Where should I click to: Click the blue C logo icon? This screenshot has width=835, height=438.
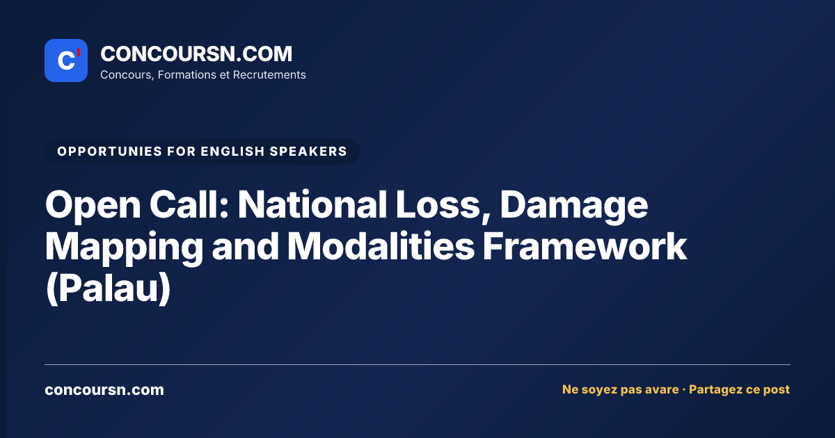click(x=66, y=60)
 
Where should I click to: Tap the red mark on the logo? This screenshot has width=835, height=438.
click(x=79, y=52)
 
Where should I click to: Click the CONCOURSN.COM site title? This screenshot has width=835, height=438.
click(x=196, y=54)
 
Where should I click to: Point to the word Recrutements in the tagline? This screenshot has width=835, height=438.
click(x=269, y=75)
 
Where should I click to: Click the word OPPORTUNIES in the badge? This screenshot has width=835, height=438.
click(x=110, y=152)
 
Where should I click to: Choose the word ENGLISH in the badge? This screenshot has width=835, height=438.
click(x=232, y=152)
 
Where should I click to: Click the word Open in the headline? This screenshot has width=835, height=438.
click(x=93, y=206)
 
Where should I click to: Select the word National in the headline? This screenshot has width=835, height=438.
click(x=312, y=204)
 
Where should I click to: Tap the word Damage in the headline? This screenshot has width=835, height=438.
click(x=573, y=206)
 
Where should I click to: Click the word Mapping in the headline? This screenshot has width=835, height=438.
click(x=124, y=248)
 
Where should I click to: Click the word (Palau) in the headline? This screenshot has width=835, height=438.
click(x=108, y=289)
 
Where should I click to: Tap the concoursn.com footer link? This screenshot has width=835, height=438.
click(x=104, y=390)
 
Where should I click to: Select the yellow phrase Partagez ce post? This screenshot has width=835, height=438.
click(x=739, y=389)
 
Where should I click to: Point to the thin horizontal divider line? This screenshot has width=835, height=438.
click(x=417, y=364)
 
